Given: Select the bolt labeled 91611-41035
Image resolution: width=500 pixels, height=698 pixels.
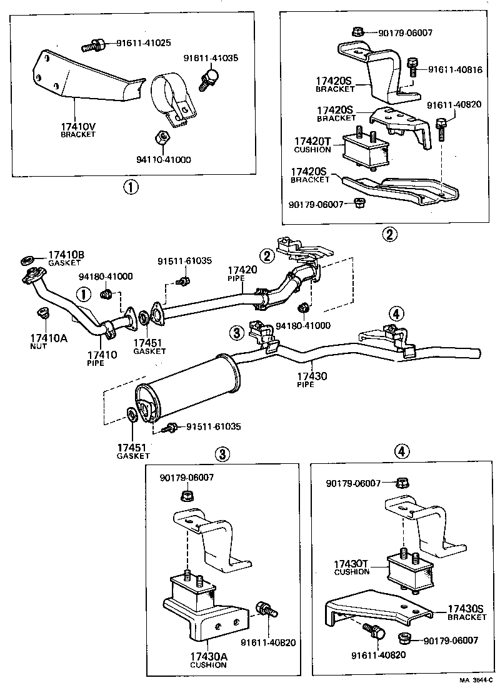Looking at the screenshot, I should pyautogui.click(x=207, y=78).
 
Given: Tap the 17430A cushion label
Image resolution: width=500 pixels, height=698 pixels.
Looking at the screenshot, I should pyautogui.click(x=208, y=659).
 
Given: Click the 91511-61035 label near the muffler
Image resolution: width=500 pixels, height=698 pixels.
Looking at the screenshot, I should pyautogui.click(x=211, y=426).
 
